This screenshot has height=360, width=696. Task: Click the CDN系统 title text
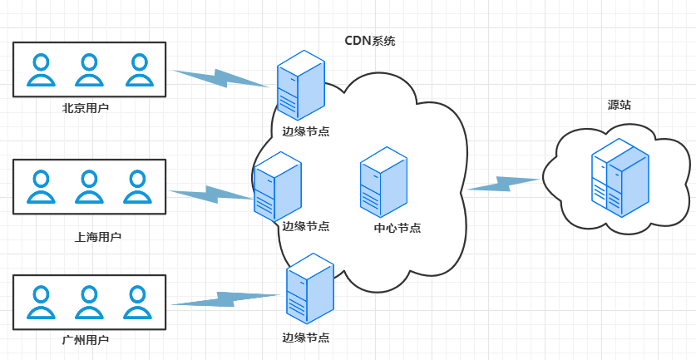click(370, 40)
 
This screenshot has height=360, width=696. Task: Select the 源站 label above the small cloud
click(619, 105)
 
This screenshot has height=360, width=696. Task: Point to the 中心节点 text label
click(397, 228)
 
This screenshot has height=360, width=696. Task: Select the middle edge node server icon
click(277, 187)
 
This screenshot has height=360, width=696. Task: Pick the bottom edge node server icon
click(309, 288)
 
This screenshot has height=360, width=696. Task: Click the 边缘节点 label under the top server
click(305, 131)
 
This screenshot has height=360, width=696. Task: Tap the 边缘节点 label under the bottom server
click(305, 338)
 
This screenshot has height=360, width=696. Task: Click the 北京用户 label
click(86, 108)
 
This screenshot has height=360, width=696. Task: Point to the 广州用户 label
click(86, 340)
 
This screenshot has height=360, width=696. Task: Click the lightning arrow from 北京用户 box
click(222, 77)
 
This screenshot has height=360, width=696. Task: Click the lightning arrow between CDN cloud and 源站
click(504, 184)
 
